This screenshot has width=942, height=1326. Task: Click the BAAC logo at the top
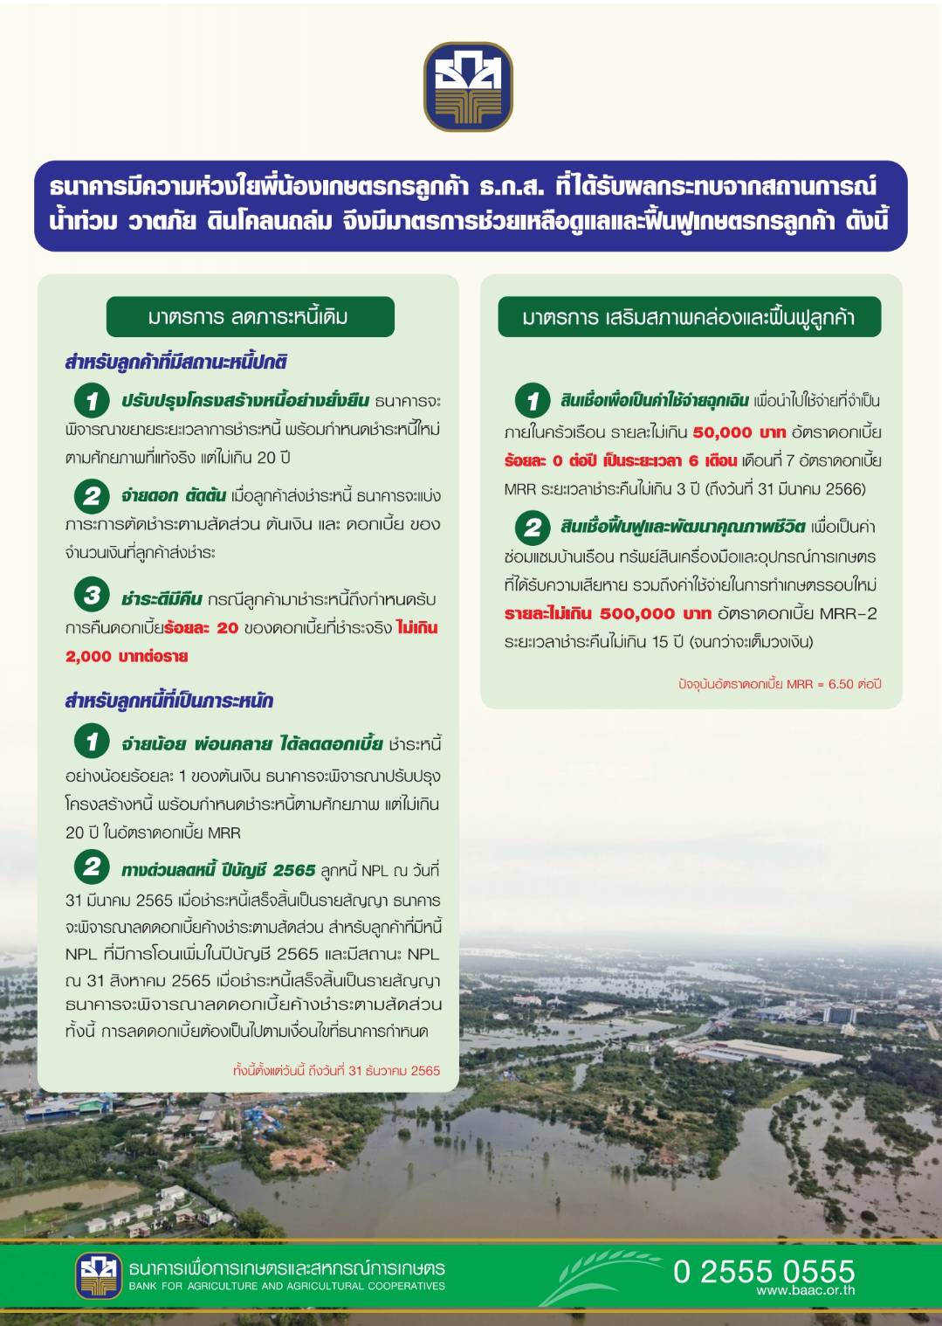(468, 86)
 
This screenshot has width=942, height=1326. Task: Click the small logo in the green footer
(98, 1275)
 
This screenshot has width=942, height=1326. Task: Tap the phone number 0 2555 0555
(763, 1270)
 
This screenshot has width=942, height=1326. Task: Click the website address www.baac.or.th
(805, 1290)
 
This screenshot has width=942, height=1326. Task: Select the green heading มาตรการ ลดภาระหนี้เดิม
(250, 316)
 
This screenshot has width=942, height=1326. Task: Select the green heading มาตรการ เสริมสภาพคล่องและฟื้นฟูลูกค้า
(689, 316)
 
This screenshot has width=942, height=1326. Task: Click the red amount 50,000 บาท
(739, 432)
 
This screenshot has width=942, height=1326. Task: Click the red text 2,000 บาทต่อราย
(127, 656)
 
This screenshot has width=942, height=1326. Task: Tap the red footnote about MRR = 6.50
(780, 684)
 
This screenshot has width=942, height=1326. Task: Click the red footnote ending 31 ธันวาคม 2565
(336, 1070)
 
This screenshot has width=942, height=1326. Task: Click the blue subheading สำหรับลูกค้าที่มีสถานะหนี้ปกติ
(175, 362)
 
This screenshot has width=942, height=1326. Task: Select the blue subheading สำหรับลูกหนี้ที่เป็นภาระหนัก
(169, 701)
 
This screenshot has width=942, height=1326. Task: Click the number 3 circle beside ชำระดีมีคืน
(92, 596)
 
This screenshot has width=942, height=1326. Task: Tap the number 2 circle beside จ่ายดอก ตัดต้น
(92, 496)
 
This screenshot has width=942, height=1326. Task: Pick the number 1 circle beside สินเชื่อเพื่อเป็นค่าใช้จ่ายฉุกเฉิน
(533, 401)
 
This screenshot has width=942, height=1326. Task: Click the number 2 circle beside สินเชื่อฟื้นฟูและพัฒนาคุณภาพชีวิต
(533, 527)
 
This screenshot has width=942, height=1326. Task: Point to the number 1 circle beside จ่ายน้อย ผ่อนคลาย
(92, 742)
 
